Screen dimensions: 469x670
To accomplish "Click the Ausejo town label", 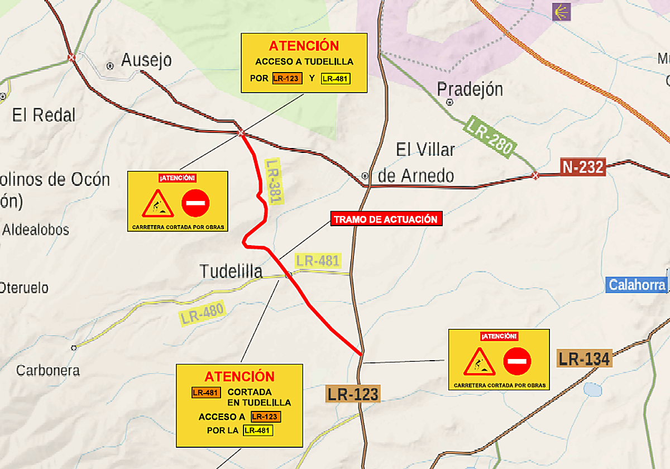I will [146, 60].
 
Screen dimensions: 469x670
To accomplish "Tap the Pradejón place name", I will [470, 89].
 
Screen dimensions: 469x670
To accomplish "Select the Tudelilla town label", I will [231, 272].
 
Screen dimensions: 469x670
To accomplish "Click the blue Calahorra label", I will [637, 285].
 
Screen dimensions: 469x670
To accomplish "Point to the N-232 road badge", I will [583, 167].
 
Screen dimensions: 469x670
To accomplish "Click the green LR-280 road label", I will [490, 136].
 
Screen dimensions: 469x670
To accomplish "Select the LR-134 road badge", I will [585, 358].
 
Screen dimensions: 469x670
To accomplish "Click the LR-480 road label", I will [202, 313].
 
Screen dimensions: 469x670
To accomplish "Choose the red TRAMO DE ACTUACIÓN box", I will [387, 219].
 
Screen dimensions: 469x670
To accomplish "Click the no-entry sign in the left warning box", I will [195, 203].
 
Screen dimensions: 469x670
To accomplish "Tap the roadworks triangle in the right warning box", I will [479, 362].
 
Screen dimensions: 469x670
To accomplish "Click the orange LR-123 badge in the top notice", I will [287, 79].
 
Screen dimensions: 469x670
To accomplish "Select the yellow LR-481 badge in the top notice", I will [336, 79].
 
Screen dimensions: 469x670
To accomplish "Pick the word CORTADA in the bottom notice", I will [250, 392].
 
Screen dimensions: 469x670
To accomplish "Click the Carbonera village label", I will [48, 370].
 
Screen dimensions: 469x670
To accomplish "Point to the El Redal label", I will [44, 116].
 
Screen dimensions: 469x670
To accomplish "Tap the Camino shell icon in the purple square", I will [561, 12].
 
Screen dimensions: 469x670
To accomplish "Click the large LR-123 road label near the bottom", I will [353, 394].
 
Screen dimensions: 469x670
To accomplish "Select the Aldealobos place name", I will [36, 229].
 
